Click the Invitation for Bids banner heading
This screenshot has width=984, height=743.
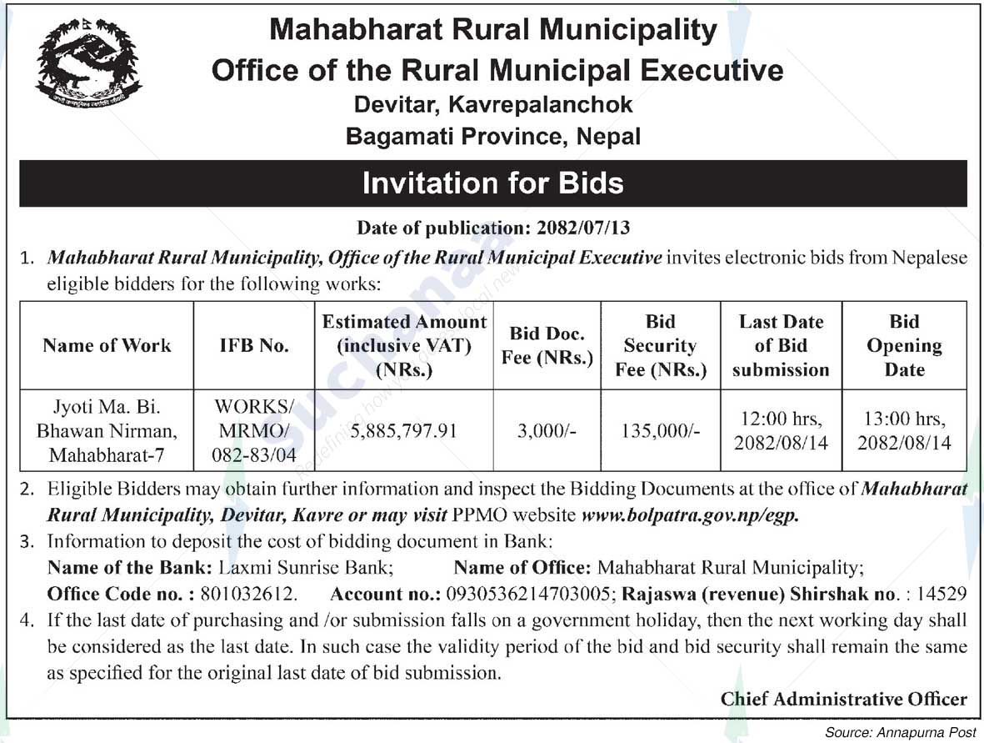(492, 183)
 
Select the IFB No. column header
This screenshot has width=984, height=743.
(254, 345)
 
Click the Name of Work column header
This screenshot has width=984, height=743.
(107, 345)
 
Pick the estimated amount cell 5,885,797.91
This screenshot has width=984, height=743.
(404, 431)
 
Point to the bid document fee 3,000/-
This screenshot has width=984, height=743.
(547, 431)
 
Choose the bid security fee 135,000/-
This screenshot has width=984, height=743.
(661, 431)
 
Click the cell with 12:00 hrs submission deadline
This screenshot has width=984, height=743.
(781, 431)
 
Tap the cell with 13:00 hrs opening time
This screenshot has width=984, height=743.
(904, 431)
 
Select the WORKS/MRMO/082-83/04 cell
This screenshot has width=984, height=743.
(254, 431)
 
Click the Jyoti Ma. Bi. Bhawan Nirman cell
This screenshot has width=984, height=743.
(107, 431)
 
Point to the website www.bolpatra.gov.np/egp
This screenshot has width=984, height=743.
(690, 515)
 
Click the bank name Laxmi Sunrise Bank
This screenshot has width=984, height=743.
(305, 569)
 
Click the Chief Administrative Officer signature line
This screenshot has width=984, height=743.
(843, 699)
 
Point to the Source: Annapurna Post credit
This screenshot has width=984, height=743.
(900, 732)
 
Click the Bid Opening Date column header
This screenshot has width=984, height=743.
(904, 345)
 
